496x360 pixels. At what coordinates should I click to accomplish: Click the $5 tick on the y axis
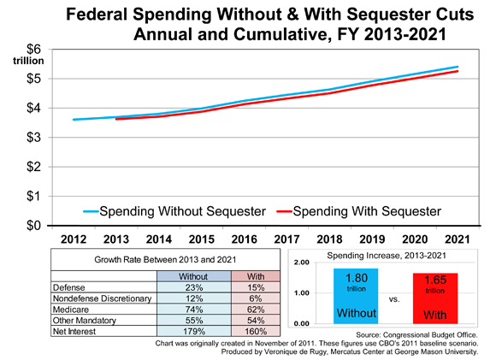click(x=34, y=79)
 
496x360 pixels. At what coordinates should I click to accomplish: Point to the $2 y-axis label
click(x=34, y=167)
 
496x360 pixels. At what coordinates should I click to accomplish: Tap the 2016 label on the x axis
click(x=245, y=239)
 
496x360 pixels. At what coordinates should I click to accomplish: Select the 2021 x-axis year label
click(x=458, y=239)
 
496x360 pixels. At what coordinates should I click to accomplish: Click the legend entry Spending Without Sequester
click(x=174, y=211)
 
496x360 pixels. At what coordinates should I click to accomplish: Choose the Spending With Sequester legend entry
click(x=358, y=211)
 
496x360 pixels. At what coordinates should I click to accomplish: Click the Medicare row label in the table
click(x=71, y=309)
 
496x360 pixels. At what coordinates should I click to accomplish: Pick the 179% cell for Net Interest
click(x=194, y=331)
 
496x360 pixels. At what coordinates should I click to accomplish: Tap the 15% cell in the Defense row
click(x=256, y=287)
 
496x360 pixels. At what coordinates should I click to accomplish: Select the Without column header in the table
click(x=193, y=276)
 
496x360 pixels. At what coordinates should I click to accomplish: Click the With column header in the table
click(x=256, y=276)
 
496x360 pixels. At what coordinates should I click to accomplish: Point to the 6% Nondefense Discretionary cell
click(x=256, y=298)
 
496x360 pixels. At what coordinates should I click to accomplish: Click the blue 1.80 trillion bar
click(x=356, y=296)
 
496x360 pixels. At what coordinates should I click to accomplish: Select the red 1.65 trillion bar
click(x=435, y=298)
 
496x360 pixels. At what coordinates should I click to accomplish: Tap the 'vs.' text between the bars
click(x=394, y=299)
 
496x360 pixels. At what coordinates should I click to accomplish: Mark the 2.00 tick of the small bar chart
click(x=302, y=263)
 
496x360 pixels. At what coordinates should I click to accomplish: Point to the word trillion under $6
click(x=28, y=61)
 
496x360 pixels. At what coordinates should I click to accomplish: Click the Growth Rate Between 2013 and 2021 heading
click(x=165, y=260)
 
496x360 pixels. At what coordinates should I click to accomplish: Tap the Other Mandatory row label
click(x=85, y=320)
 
